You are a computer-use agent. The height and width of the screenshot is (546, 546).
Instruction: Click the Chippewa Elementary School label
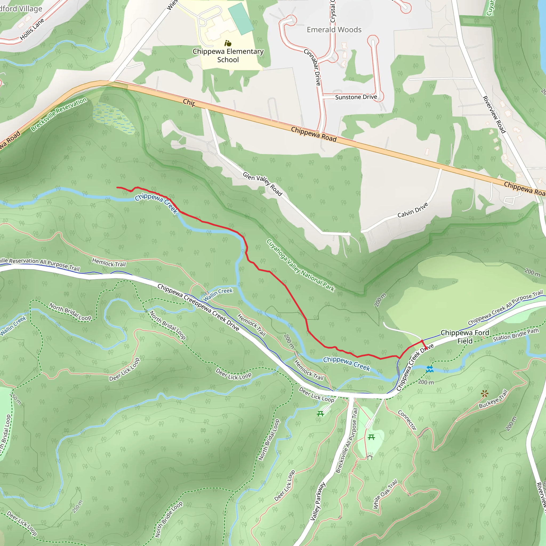(x=228, y=55)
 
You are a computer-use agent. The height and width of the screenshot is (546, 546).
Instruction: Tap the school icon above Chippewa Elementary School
(x=228, y=43)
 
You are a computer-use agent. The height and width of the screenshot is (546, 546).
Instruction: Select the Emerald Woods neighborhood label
(x=334, y=30)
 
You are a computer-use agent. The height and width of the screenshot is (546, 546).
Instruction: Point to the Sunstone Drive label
(x=356, y=97)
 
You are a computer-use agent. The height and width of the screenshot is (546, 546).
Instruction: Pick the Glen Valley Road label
(x=262, y=184)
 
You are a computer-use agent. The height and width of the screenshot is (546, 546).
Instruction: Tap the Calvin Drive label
(x=413, y=210)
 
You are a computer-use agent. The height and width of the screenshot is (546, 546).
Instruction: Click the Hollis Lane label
(x=32, y=29)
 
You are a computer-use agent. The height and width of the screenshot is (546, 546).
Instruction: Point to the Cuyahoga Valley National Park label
(x=300, y=265)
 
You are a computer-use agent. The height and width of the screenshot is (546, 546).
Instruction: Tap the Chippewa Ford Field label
(x=465, y=337)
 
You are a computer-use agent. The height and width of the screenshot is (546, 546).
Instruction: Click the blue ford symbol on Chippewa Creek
(x=429, y=369)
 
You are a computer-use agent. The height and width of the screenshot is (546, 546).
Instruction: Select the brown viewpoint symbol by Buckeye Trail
(x=485, y=394)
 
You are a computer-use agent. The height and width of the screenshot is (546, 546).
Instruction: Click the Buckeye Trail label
(x=493, y=399)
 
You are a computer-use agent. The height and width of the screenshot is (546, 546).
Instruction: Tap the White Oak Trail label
(x=385, y=494)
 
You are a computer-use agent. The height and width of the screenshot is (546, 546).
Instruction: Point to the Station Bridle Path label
(x=516, y=335)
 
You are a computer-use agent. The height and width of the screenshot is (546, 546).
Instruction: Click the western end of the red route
(x=117, y=187)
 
